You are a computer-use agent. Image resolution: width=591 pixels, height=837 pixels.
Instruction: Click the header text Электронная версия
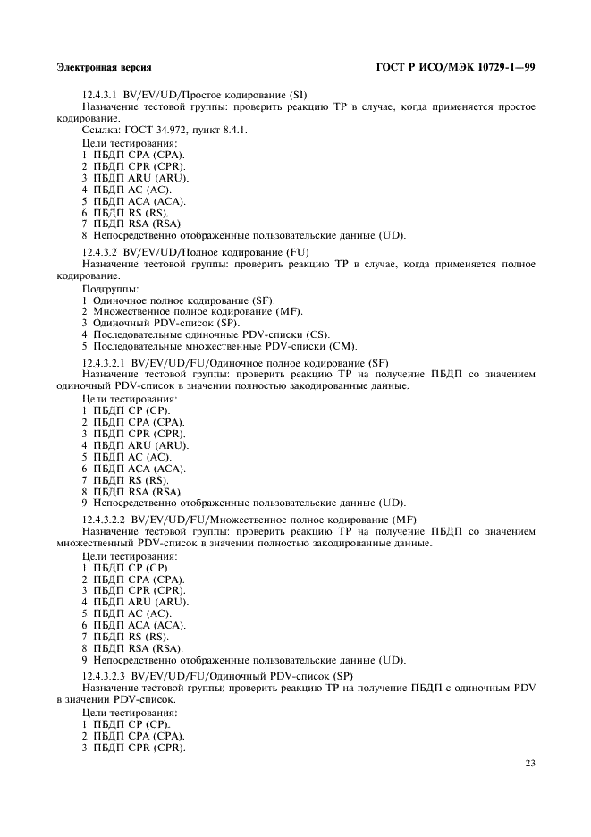103,67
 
